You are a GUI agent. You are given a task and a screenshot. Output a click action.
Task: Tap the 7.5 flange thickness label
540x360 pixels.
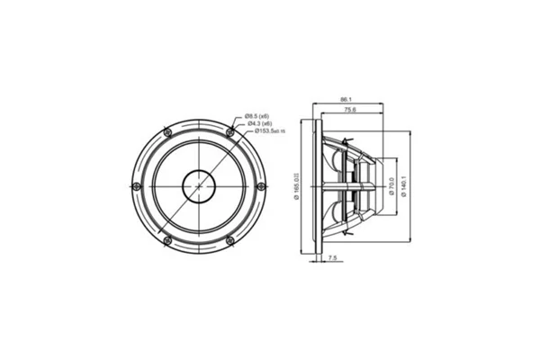(x=332, y=258)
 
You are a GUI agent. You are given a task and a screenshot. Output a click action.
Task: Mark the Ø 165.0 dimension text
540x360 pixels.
(x=296, y=186)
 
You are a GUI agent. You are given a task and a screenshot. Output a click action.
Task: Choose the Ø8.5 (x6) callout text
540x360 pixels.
(x=257, y=116)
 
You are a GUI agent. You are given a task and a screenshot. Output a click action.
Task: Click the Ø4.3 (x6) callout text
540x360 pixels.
(x=257, y=123)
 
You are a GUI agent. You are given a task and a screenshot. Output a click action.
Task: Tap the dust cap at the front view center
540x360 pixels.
(x=199, y=186)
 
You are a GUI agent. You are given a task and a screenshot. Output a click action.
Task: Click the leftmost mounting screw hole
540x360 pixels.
(x=136, y=186)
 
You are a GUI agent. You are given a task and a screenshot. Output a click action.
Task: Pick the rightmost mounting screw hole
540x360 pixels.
(x=261, y=186)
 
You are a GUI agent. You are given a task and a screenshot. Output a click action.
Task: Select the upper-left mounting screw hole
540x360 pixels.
(x=167, y=132)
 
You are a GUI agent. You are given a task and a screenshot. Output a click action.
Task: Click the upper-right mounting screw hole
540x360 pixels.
(x=230, y=132)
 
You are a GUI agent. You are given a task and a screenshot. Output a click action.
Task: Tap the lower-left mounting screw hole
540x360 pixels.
(x=167, y=240)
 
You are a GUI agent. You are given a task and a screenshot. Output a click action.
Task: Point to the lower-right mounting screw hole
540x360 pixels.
(x=230, y=240)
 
